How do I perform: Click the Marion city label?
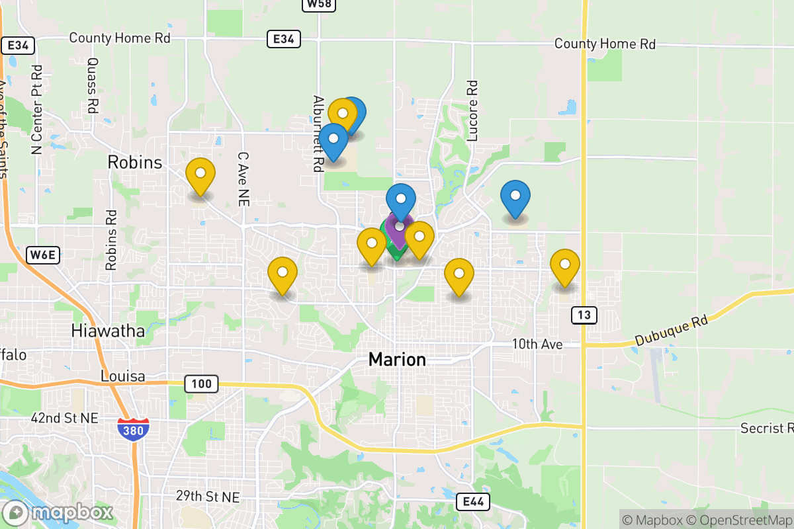click(x=397, y=360)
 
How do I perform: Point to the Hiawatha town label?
click(x=109, y=331)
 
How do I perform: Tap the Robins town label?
click(x=135, y=162)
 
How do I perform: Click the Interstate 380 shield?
click(x=133, y=429)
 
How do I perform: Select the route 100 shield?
click(x=200, y=384)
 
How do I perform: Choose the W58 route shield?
click(x=320, y=5)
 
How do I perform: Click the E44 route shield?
click(x=474, y=502)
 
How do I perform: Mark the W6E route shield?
click(x=44, y=255)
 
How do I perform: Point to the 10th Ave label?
click(x=537, y=345)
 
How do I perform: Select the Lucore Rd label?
click(x=472, y=111)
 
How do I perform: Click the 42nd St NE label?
click(x=64, y=418)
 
